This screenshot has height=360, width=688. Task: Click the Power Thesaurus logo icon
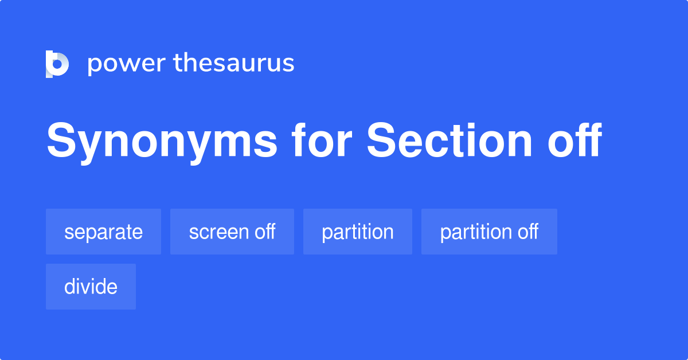coord(57,64)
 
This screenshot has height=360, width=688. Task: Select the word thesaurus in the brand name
coord(234,64)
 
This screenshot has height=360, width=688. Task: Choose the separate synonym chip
coord(103,232)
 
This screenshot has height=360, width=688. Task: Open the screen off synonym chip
coord(232,232)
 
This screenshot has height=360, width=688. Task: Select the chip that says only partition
coord(357,232)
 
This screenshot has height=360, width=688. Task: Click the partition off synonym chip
coord(488,232)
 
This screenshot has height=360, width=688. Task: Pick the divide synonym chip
coord(91,287)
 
